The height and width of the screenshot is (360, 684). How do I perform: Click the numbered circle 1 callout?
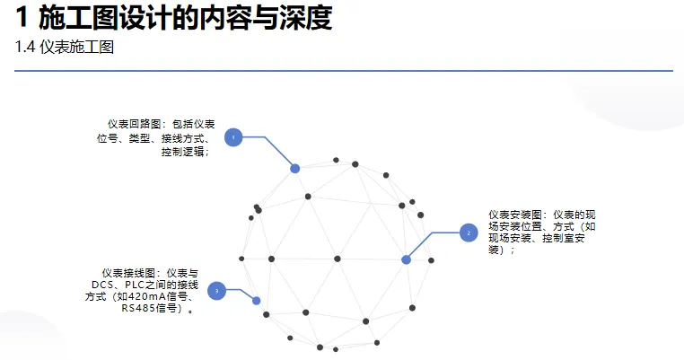(x=233, y=137)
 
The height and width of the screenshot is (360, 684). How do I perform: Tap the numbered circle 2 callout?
(x=467, y=233)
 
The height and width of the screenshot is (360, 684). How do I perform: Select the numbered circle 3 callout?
(x=216, y=290)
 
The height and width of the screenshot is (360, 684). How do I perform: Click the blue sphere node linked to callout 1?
(x=294, y=168)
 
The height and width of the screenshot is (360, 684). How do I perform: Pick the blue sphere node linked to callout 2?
(x=406, y=259)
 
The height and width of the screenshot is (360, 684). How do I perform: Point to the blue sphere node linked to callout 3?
(x=256, y=301)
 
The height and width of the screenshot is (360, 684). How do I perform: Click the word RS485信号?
(x=151, y=308)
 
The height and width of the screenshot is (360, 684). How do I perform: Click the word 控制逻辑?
(x=183, y=152)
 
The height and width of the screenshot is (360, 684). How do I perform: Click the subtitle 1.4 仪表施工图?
(x=65, y=48)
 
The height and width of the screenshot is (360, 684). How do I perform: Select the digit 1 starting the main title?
(x=22, y=17)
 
